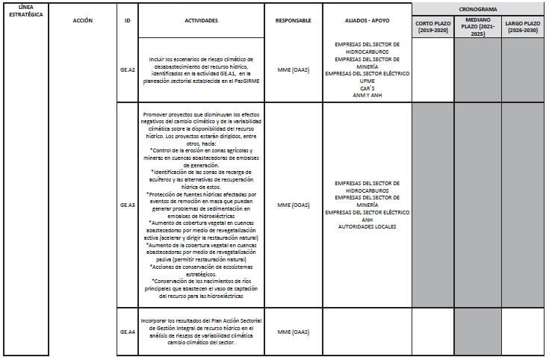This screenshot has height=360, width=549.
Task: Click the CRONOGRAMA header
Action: tap(479, 9)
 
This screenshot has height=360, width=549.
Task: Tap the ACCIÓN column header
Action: tap(83, 20)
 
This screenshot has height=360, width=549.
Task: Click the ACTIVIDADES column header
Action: tap(201, 20)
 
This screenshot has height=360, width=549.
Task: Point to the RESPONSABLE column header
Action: tap(293, 20)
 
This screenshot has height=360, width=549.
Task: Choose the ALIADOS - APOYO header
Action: tap(367, 20)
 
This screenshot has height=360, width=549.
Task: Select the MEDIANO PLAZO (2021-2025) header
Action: tap(479, 27)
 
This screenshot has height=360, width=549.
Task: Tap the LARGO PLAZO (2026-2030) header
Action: tap(524, 27)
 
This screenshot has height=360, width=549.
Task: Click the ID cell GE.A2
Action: tap(128, 70)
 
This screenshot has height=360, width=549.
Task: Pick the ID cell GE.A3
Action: tap(128, 204)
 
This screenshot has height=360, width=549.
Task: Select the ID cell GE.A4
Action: tap(128, 332)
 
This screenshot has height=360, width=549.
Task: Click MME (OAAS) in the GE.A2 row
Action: tap(293, 70)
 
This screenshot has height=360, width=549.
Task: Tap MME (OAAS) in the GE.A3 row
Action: tap(293, 204)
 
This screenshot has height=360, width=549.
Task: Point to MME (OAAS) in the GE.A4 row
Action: tap(293, 332)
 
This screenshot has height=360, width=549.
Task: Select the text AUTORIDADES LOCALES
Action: tap(367, 226)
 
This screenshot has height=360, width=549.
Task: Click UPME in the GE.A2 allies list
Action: tap(367, 81)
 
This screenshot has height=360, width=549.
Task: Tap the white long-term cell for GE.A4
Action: tap(524, 332)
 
